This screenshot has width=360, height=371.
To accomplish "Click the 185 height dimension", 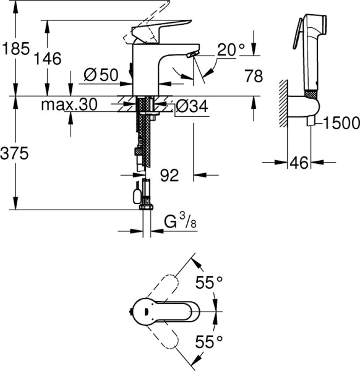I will coord(15,48).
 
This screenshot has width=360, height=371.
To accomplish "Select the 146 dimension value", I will coord(48,59).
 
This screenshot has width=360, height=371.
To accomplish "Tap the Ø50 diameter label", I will coord(100,75).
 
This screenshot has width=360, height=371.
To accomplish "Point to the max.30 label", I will coord(69,106).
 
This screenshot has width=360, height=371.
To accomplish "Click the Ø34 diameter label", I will coord(191,106).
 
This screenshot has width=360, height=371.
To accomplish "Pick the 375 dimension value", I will coord(15,155).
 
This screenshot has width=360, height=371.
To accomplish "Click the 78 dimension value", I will coord(254,76).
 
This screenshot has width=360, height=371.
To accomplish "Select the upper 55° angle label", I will coord(209,283).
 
